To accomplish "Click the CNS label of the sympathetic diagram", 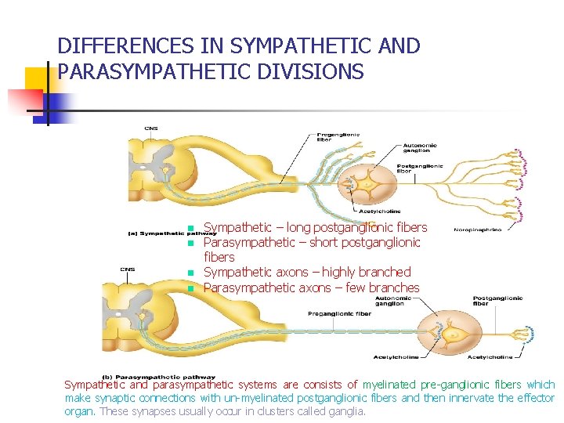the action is coord(150,128).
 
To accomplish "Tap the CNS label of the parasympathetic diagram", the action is coord(127,269).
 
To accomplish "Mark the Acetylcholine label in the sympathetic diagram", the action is coord(379,211).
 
